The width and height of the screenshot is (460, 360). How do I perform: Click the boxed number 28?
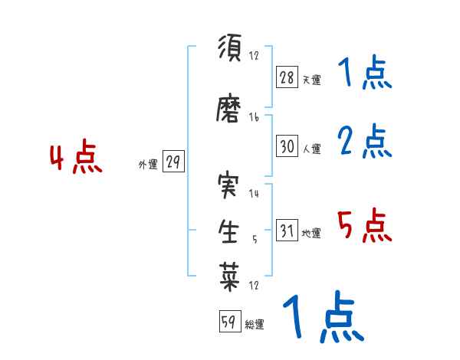tap(287, 77)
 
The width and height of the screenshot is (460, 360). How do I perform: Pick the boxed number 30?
tap(287, 146)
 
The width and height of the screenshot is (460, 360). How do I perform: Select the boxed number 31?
tap(287, 231)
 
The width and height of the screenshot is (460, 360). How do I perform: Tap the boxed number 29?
tap(173, 162)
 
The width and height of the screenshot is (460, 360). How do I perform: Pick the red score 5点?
tap(364, 226)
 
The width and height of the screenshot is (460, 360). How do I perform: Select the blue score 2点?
tap(364, 141)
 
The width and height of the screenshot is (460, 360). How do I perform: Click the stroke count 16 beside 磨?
tap(254, 117)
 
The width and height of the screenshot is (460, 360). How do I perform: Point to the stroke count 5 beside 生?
tap(254, 239)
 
